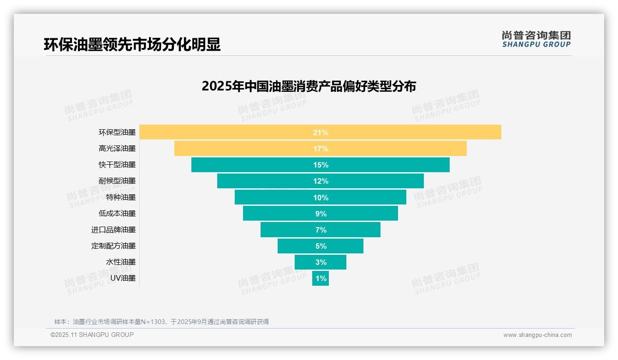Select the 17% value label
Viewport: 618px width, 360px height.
coord(321,149)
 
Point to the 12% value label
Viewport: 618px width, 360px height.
coord(321,181)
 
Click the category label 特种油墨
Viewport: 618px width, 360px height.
coord(121,197)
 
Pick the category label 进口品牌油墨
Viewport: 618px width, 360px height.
coord(113,229)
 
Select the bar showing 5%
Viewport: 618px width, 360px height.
coord(321,246)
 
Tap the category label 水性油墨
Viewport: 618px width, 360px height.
coord(121,262)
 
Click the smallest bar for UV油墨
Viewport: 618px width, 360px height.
coord(321,278)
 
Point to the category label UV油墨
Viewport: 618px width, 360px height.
coord(123,278)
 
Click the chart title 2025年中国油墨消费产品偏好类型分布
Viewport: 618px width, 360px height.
coord(309,86)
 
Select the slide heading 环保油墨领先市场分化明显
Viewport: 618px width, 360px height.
coord(132,44)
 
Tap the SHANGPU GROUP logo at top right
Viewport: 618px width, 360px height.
coord(536,39)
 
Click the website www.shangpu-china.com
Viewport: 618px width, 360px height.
coord(537,335)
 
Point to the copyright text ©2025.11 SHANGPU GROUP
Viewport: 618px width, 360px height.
coord(92,335)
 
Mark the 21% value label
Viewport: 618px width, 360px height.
coord(321,132)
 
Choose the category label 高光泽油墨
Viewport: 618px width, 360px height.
coord(117,149)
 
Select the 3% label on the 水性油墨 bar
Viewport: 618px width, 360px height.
coord(321,262)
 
